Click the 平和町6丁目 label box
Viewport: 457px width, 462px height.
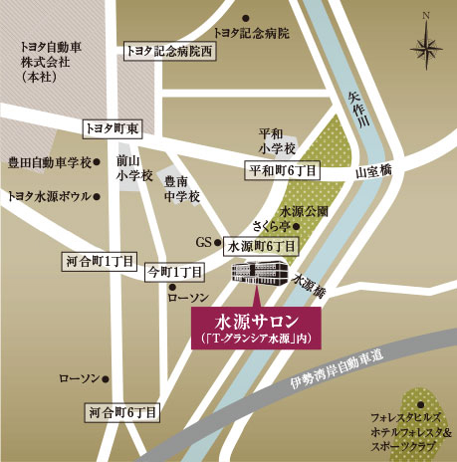pyautogui.click(x=283, y=171)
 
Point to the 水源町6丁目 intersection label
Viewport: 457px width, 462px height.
pyautogui.click(x=262, y=244)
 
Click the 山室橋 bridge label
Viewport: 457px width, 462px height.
pyautogui.click(x=374, y=171)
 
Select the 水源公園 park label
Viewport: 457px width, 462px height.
pyautogui.click(x=304, y=211)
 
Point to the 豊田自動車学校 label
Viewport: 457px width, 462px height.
pyautogui.click(x=49, y=162)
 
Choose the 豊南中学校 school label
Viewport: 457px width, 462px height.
pyautogui.click(x=182, y=189)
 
